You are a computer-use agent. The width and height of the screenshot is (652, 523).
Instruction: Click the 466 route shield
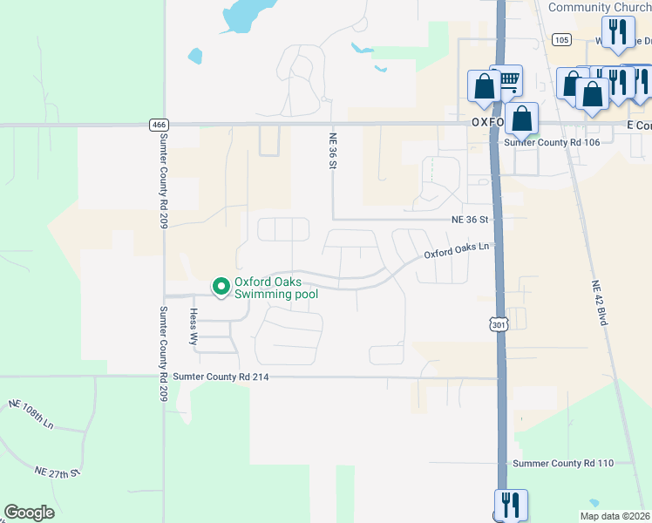[x=158, y=125]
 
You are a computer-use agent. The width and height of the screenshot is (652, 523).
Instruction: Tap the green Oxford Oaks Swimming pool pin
[x=221, y=285]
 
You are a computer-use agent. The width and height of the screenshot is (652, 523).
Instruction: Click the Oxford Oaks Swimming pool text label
[x=275, y=289]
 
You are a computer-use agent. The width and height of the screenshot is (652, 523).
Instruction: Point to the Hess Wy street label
[x=194, y=328]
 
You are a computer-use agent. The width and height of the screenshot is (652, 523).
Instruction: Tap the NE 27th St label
[x=58, y=472]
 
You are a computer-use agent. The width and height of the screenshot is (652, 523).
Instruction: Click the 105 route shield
[x=561, y=39]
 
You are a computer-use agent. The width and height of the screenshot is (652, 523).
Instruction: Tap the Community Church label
[x=600, y=8]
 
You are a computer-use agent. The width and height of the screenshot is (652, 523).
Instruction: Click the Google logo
[x=29, y=513]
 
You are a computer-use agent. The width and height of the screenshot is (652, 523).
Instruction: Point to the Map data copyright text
[x=615, y=516]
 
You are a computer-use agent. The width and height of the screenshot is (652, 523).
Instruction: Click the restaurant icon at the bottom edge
[x=511, y=505]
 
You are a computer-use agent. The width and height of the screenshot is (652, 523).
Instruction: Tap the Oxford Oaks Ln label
[x=458, y=250]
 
